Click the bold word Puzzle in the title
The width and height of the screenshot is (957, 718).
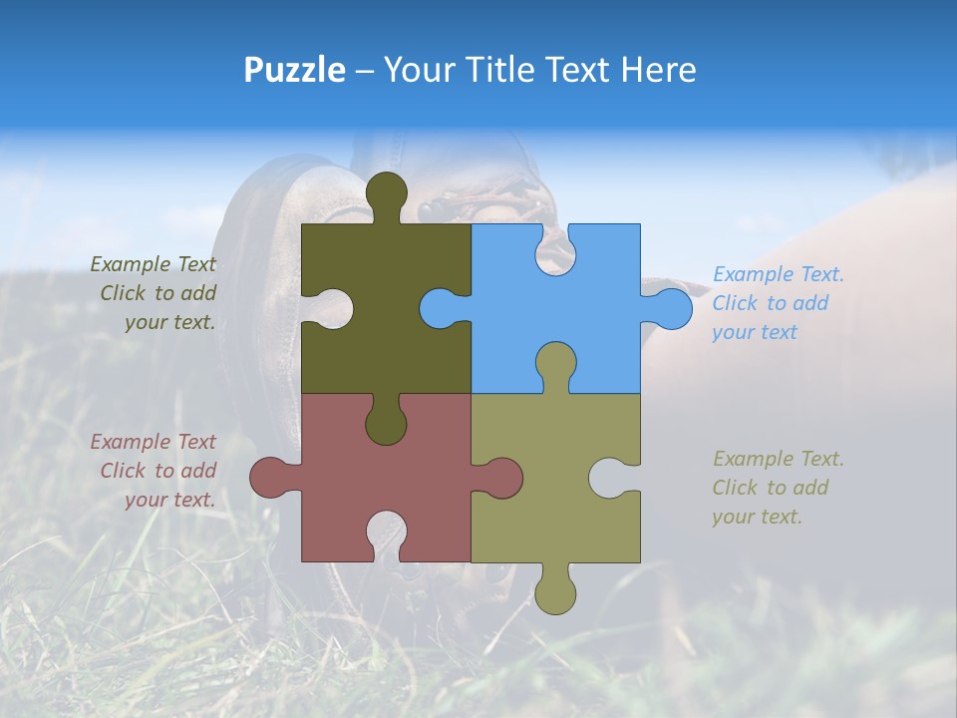[295, 70]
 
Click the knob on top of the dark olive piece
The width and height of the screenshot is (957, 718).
[387, 193]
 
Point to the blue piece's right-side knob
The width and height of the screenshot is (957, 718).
[671, 308]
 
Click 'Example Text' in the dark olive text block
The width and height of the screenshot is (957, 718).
[153, 264]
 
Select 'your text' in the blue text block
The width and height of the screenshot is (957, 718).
[755, 332]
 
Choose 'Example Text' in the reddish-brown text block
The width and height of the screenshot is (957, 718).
[153, 442]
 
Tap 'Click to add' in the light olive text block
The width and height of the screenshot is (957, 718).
[770, 488]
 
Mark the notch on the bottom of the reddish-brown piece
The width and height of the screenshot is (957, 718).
[387, 533]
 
